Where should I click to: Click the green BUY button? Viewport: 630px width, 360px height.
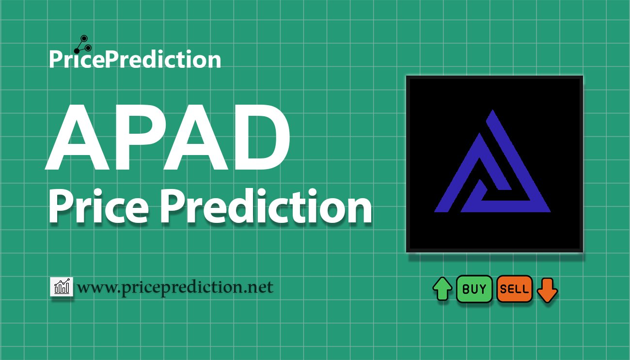click(474, 289)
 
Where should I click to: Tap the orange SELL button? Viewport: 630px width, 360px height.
click(515, 289)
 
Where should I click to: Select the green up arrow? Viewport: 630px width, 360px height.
click(442, 289)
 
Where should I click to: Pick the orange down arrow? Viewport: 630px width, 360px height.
click(548, 290)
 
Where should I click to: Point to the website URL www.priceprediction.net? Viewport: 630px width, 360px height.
click(175, 287)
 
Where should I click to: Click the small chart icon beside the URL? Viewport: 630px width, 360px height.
click(62, 287)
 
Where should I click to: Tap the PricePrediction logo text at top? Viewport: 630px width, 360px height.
click(135, 60)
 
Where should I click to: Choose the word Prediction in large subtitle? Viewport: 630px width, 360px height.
click(266, 207)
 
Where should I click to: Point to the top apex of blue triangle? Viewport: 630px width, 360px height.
click(492, 111)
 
